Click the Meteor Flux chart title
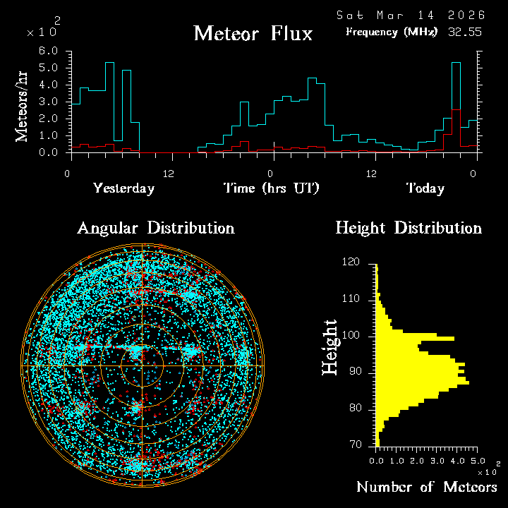coord(253,33)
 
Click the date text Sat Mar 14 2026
coord(410,15)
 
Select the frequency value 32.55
coord(464,32)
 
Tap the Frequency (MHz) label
coord(392,32)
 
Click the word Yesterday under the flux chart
coord(123,188)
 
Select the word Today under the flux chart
coord(425,188)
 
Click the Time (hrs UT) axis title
coord(272,188)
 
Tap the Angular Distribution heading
coord(155,228)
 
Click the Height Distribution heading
coord(408,228)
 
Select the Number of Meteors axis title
coord(426,487)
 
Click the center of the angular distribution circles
coord(142,366)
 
